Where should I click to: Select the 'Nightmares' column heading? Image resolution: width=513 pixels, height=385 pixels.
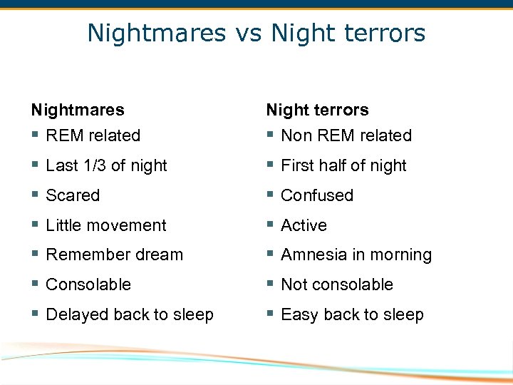(78, 110)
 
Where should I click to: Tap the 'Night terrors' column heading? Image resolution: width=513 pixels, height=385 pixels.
(318, 110)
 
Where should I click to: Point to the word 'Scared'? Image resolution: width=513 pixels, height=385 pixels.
(73, 195)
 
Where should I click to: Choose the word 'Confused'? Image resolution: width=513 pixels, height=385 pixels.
(317, 195)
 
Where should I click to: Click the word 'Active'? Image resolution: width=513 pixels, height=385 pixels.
(304, 225)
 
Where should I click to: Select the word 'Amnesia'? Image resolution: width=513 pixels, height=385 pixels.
(311, 255)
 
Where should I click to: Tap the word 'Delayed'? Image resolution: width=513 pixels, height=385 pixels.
(75, 314)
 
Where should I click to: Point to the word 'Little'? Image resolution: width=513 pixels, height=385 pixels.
(61, 225)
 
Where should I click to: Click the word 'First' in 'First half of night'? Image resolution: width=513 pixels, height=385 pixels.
(298, 165)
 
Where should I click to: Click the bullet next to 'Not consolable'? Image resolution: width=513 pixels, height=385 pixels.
(270, 284)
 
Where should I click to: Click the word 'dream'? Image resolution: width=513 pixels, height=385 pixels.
(165, 255)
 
